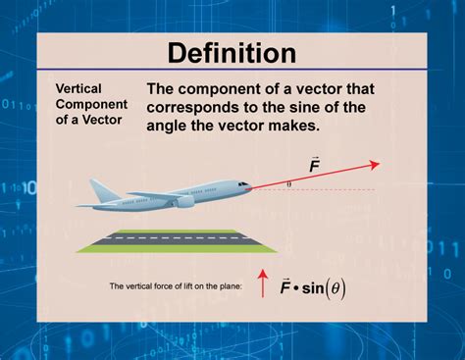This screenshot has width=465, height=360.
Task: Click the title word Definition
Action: [232, 52]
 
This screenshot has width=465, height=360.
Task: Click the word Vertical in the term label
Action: [78, 87]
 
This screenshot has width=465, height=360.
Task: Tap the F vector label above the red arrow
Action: [314, 165]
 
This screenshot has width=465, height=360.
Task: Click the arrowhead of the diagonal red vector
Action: [376, 165]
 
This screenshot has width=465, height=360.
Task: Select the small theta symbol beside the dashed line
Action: [288, 182]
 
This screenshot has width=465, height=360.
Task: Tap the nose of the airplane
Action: [251, 187]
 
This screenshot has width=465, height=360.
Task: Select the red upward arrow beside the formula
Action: [262, 284]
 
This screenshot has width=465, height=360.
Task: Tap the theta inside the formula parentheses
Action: [338, 288]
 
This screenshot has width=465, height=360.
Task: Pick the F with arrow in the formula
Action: [285, 286]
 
